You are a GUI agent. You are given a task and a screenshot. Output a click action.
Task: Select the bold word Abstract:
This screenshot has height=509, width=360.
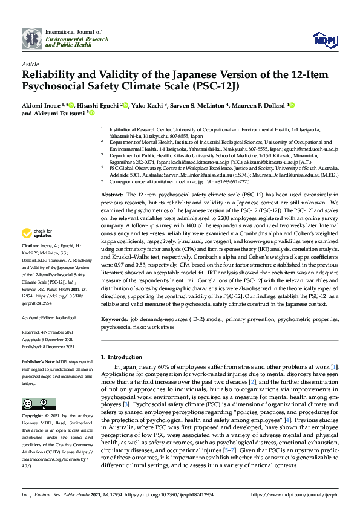tap(111, 177)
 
